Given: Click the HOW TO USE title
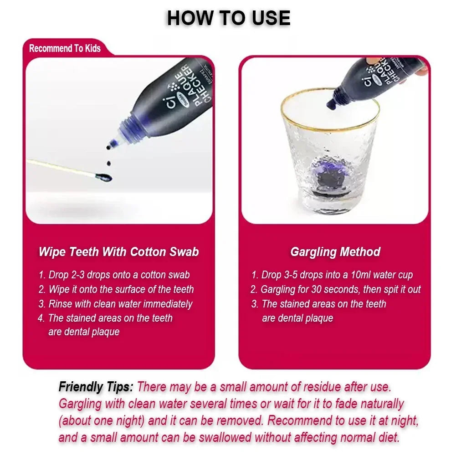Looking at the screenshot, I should point(228,18).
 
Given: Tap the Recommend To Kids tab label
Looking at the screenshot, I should point(65,48).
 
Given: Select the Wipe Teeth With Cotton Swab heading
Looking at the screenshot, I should point(118,252).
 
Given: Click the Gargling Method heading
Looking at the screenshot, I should point(335,252).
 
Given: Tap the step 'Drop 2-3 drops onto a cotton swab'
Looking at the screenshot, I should point(114,275).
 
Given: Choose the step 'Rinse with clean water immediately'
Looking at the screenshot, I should point(115,304).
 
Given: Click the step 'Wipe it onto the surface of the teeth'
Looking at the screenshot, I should point(116,289).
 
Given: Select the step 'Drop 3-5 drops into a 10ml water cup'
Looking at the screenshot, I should point(332,275).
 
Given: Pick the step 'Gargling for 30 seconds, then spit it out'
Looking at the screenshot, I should point(336,289).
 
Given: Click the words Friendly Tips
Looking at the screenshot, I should point(96,387).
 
